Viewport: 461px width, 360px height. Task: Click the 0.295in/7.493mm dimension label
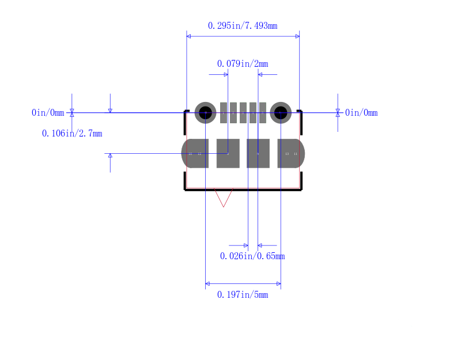[243, 26]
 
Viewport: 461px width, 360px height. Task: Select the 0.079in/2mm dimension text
[243, 64]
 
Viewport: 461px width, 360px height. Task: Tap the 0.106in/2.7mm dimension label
[72, 134]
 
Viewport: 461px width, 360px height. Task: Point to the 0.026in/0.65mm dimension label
[252, 256]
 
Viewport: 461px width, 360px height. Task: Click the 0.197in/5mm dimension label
[243, 295]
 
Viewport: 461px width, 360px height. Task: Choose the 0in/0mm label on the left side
[48, 112]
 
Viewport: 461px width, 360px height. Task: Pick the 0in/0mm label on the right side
[361, 112]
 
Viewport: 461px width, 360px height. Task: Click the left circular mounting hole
[205, 112]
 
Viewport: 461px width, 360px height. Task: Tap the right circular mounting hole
[281, 112]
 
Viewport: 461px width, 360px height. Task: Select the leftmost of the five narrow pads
[224, 113]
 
